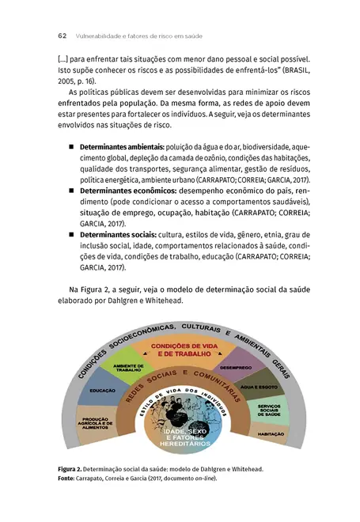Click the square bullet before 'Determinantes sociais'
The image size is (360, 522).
point(70,236)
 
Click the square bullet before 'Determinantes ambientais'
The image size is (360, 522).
point(70,148)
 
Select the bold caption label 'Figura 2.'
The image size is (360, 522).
point(69,469)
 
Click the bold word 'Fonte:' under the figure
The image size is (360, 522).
point(67,478)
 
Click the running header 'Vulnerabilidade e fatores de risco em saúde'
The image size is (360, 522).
point(137,36)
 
